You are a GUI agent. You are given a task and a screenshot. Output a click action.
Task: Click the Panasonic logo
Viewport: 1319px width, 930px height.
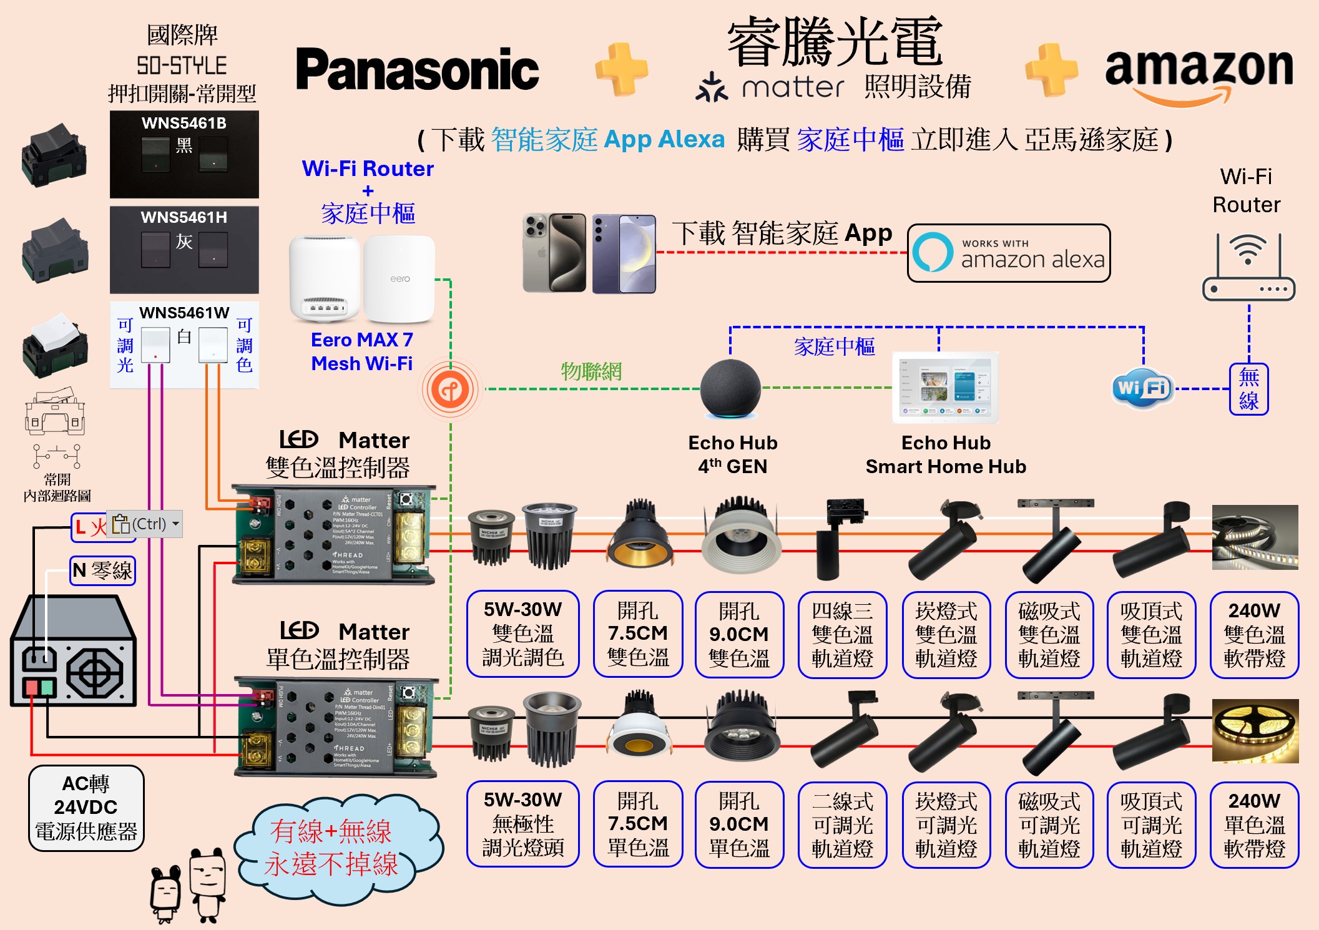pyautogui.click(x=417, y=70)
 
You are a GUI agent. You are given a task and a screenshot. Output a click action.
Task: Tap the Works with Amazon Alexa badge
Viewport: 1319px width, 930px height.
pyautogui.click(x=1008, y=253)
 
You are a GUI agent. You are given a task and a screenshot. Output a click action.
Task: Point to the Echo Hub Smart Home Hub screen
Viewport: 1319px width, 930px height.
pyautogui.click(x=946, y=387)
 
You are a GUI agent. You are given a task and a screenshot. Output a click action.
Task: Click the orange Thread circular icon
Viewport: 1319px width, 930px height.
pyautogui.click(x=450, y=390)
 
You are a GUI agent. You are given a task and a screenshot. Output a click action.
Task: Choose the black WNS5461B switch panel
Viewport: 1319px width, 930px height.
pyautogui.click(x=184, y=154)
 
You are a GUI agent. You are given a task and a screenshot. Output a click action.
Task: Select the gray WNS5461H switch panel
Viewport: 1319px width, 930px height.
pyautogui.click(x=184, y=250)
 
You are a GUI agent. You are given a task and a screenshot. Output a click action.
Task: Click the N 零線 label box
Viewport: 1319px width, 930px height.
pyautogui.click(x=102, y=570)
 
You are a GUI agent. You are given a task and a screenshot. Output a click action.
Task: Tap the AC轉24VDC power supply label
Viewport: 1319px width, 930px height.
pyautogui.click(x=86, y=808)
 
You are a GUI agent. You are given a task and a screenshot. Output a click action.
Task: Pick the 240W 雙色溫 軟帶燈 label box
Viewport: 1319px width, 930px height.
pyautogui.click(x=1254, y=634)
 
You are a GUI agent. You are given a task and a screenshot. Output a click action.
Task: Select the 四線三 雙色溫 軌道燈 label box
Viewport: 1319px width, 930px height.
pyautogui.click(x=842, y=634)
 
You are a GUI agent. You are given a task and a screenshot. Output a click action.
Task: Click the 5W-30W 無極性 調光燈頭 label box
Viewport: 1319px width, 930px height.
pyautogui.click(x=523, y=824)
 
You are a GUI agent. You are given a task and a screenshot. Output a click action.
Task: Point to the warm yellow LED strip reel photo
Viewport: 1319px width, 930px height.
pyautogui.click(x=1255, y=730)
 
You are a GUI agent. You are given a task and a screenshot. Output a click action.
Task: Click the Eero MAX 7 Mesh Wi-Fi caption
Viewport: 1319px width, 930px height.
pyautogui.click(x=362, y=351)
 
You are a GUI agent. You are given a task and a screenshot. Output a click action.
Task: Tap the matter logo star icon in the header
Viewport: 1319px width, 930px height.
pyautogui.click(x=712, y=87)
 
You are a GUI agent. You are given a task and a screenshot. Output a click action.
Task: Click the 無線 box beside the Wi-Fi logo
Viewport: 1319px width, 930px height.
pyautogui.click(x=1248, y=389)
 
